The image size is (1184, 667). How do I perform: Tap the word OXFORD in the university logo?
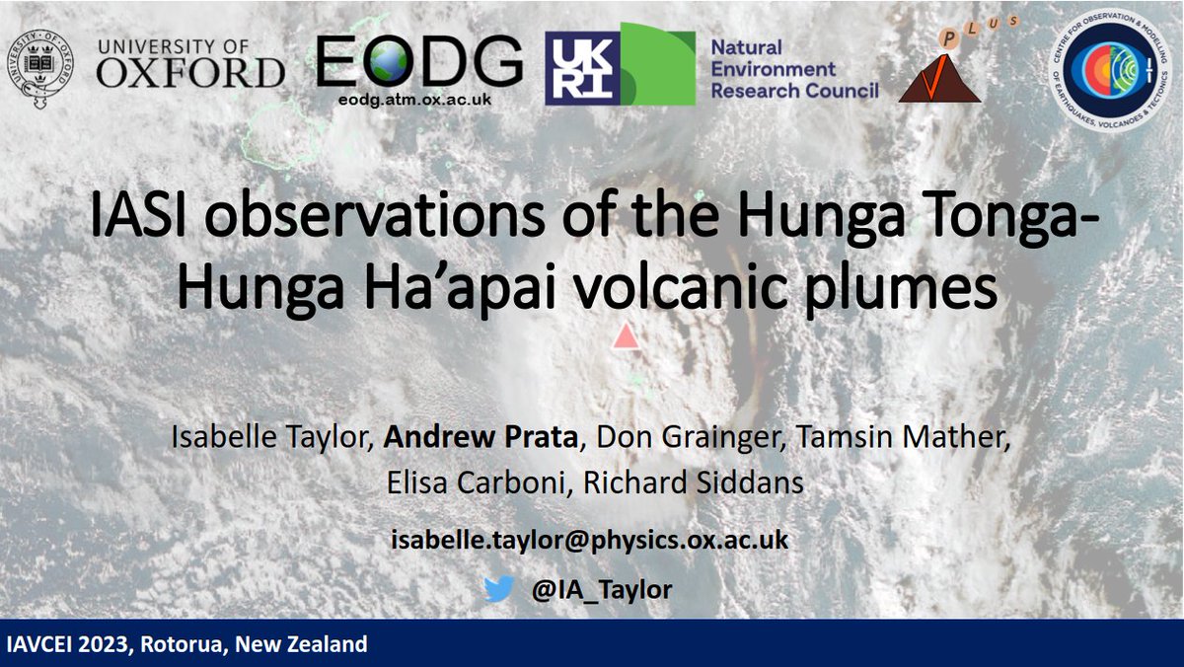190,72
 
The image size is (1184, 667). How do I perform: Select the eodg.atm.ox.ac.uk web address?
420,100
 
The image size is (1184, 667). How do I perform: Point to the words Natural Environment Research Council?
794,69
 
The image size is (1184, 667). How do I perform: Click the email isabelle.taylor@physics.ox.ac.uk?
589,541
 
